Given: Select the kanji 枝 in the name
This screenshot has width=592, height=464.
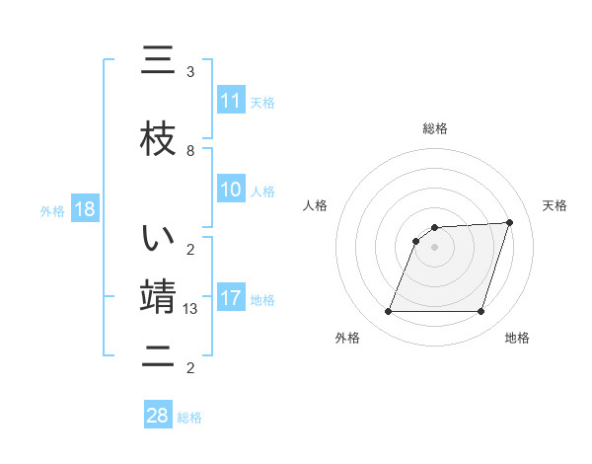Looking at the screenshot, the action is pos(159,137).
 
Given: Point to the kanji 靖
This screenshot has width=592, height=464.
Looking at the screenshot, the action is pos(159,297).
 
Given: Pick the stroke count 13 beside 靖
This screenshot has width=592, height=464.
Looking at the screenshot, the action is pos(191,309).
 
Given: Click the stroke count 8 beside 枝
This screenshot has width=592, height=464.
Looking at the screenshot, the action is pos(190,151).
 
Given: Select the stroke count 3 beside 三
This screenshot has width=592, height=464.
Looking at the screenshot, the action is pos(190,72).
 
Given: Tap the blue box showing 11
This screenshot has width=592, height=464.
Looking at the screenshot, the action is pos(231,101).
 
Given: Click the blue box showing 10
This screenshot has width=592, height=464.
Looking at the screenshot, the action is pos(231,190).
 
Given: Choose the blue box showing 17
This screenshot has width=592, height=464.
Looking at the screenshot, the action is pos(231,298).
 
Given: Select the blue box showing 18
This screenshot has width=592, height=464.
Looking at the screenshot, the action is pos(84,209).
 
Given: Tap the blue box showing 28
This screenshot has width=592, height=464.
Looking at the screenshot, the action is pos(158,416).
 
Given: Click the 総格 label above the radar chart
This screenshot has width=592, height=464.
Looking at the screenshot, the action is pos(435,128).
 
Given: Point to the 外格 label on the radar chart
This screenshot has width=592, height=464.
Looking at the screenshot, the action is pos(347,339).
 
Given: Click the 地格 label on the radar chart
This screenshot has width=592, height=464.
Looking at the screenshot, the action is pos(517,339).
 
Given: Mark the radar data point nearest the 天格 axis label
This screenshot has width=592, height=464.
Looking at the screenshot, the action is pos(510,222).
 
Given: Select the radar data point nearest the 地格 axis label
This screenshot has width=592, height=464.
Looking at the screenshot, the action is pos(481,312).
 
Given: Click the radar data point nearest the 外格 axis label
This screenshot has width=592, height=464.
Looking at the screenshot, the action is pos(389,312).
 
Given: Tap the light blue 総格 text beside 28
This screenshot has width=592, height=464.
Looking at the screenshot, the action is pos(189,418).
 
